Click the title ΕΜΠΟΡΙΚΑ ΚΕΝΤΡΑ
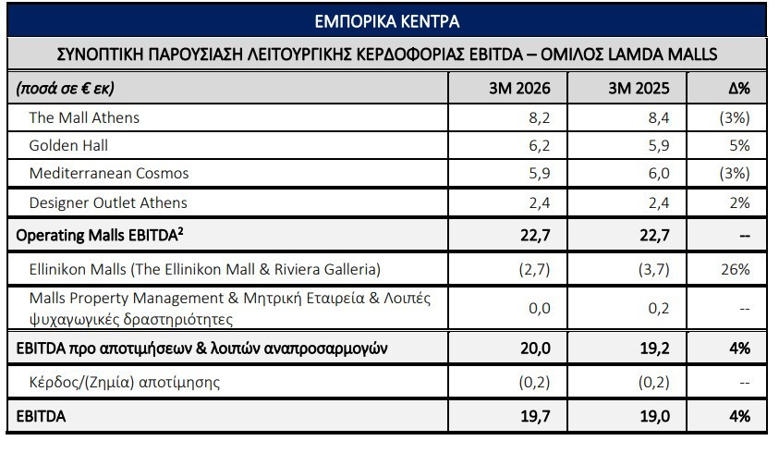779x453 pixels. pos(387,21)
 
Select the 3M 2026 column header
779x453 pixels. pos(519,88)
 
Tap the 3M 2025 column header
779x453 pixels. pos(639,88)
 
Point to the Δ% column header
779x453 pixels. pos(739,88)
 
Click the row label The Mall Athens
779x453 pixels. pos(84,117)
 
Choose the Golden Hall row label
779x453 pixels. pos(68,145)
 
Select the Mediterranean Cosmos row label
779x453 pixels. pos(109,173)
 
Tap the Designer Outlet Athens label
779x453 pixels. pos(108,202)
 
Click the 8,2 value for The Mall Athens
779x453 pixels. pos(540,117)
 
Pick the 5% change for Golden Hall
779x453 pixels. pos(739,145)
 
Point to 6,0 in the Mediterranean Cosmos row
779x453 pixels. pos(659,173)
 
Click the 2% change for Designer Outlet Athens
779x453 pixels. pos(739,202)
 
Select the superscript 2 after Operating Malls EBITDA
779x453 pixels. pos(180,231)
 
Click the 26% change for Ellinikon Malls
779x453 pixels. pos(736,269)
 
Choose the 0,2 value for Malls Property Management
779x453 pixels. pos(659,308)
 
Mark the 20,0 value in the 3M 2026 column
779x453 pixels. pos(536,349)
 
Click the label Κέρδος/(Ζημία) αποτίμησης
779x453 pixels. pos(124,382)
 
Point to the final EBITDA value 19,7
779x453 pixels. pos(536,416)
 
